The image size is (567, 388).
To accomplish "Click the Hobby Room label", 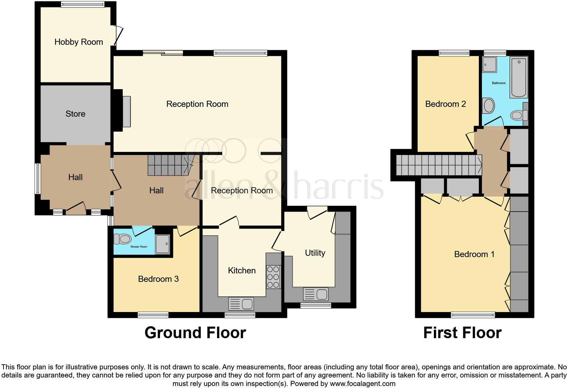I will tap(79, 42).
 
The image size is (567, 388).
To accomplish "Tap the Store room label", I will tap(75, 114).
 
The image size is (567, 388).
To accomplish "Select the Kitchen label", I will tap(241, 271).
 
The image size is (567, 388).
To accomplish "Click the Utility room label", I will tap(315, 253).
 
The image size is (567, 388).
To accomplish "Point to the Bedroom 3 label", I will tap(158, 279).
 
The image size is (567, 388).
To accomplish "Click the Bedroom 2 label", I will tap(445, 104).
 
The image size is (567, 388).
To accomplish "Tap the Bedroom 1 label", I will tap(474, 254).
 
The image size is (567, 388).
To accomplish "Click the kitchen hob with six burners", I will tap(273, 277).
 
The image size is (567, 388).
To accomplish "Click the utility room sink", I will tap(315, 294).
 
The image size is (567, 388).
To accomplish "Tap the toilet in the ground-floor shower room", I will tap(122, 239).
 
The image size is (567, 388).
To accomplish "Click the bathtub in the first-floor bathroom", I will tap(519, 78).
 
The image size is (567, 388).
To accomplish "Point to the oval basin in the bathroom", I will tap(489, 106).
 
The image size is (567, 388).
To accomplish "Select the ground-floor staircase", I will tap(169, 166).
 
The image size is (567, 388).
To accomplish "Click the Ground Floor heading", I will tap(195, 333).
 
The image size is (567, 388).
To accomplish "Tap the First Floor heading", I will tap(462, 333).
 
